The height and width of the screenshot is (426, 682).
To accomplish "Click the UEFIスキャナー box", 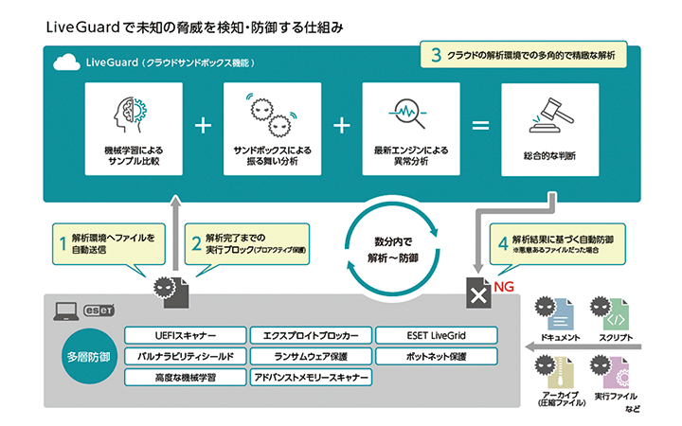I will tap(185, 335).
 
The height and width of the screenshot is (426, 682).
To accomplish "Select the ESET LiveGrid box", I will tap(436, 335).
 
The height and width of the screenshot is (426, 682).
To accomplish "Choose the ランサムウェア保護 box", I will tap(310, 356).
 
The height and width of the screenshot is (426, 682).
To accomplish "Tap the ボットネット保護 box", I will tap(436, 356).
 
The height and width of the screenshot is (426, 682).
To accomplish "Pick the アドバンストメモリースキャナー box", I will tap(310, 377).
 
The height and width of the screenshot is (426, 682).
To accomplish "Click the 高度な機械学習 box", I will tap(185, 377).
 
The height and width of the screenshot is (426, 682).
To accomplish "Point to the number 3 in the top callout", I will tap(435, 56).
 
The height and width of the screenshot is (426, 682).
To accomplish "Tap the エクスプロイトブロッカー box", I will tap(310, 335).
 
